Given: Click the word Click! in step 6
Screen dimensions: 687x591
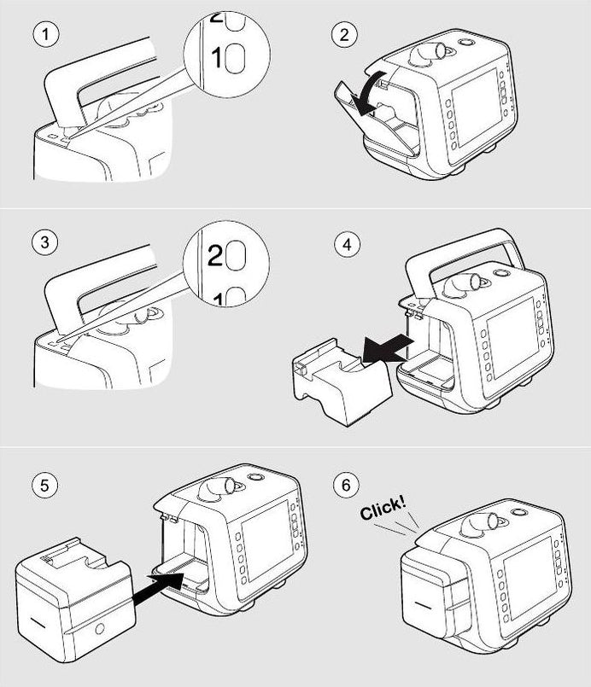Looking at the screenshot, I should point(383,510).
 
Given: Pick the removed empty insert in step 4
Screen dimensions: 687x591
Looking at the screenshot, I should point(339,375).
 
